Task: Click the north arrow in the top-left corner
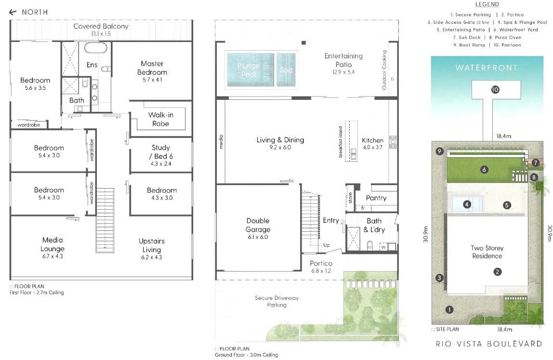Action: pyautogui.click(x=13, y=13)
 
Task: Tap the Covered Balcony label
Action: pyautogui.click(x=101, y=26)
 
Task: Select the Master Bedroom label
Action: pyautogui.click(x=152, y=68)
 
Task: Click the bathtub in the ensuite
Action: pyautogui.click(x=95, y=48)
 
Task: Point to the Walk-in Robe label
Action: pyautogui.click(x=160, y=119)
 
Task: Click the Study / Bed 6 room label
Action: pyautogui.click(x=161, y=152)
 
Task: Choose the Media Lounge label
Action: pyautogui.click(x=53, y=244)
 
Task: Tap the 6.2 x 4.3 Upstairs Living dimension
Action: pyautogui.click(x=152, y=257)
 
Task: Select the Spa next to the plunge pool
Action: pyautogui.click(x=286, y=69)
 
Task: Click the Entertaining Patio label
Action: pyautogui.click(x=343, y=60)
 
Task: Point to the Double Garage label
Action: pyautogui.click(x=258, y=225)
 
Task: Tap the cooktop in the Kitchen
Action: pyautogui.click(x=393, y=142)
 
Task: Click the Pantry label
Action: pyautogui.click(x=376, y=198)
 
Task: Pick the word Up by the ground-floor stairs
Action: pyautogui.click(x=327, y=245)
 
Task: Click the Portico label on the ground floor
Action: pyautogui.click(x=321, y=263)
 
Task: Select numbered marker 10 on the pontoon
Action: pyautogui.click(x=495, y=90)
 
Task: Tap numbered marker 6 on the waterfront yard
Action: pyautogui.click(x=484, y=170)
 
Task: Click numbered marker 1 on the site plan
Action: pyautogui.click(x=449, y=309)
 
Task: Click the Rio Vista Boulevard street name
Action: pyautogui.click(x=489, y=344)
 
